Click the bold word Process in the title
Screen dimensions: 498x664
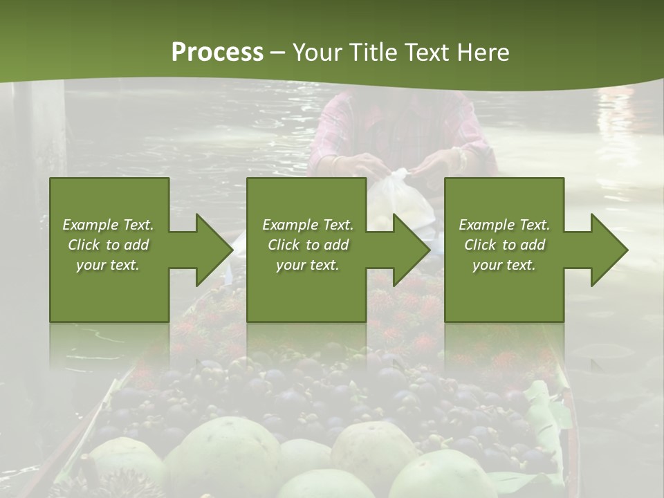point(217,52)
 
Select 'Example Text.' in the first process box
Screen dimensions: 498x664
point(108,225)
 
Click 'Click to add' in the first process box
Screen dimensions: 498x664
point(108,245)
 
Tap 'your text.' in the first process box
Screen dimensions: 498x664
point(108,265)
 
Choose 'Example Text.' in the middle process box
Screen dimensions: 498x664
point(308,225)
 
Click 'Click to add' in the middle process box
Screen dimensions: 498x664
point(308,245)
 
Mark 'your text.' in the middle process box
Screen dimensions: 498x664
point(308,265)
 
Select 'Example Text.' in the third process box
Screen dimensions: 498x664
point(504,225)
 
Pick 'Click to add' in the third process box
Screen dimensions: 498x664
point(504,245)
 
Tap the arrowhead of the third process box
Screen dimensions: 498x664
point(609,250)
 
